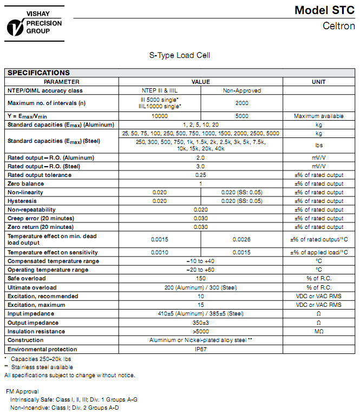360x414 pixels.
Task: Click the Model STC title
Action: point(324,10)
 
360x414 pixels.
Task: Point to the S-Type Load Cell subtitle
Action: point(179,55)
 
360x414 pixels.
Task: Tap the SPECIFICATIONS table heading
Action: point(38,73)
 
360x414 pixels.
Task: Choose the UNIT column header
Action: point(318,82)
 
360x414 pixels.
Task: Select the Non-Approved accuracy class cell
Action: point(241,90)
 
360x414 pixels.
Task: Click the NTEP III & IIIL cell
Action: point(159,90)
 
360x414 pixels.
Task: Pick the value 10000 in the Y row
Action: point(159,116)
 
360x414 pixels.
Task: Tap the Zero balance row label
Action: point(25,183)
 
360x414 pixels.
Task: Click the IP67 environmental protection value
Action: point(200,349)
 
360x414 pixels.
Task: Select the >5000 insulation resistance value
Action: point(200,331)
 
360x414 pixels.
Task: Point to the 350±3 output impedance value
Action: point(200,323)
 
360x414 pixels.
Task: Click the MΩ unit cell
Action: point(318,331)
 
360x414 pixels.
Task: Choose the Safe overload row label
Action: point(28,279)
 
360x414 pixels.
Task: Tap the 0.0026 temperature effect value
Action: point(241,239)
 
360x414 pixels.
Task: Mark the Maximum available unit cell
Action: point(318,116)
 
